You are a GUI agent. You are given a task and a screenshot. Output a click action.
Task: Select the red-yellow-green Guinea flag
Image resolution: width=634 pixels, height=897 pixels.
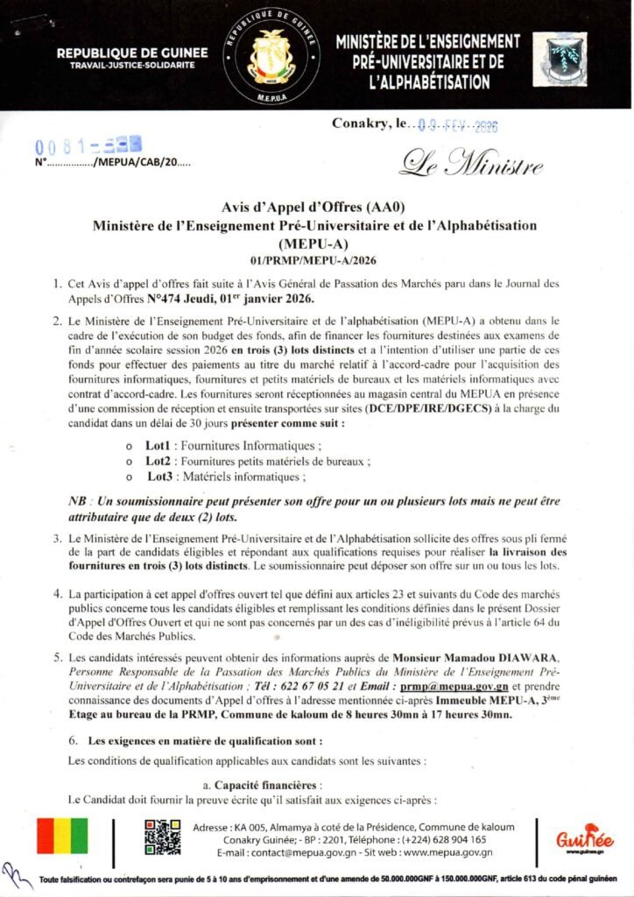coord(62,837)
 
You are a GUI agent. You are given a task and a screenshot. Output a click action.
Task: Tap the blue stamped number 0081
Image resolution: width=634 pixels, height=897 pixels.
coord(88,145)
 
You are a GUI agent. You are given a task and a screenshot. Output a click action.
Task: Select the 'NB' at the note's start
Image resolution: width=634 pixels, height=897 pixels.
coord(77,501)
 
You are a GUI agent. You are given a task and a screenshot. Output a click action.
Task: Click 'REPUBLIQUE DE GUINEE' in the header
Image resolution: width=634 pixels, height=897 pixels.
coord(133,53)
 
